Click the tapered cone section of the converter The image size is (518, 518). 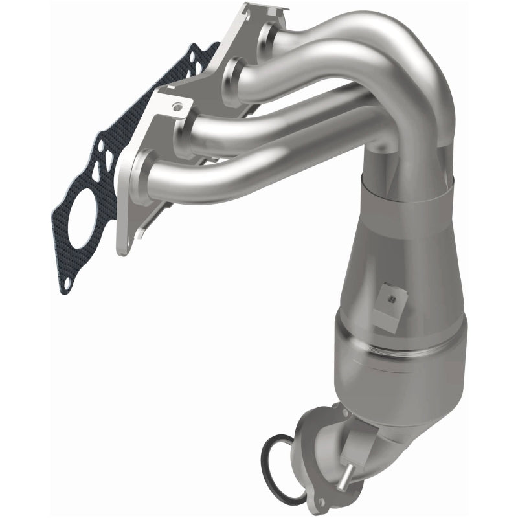pyautogui.click(x=388, y=253)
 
